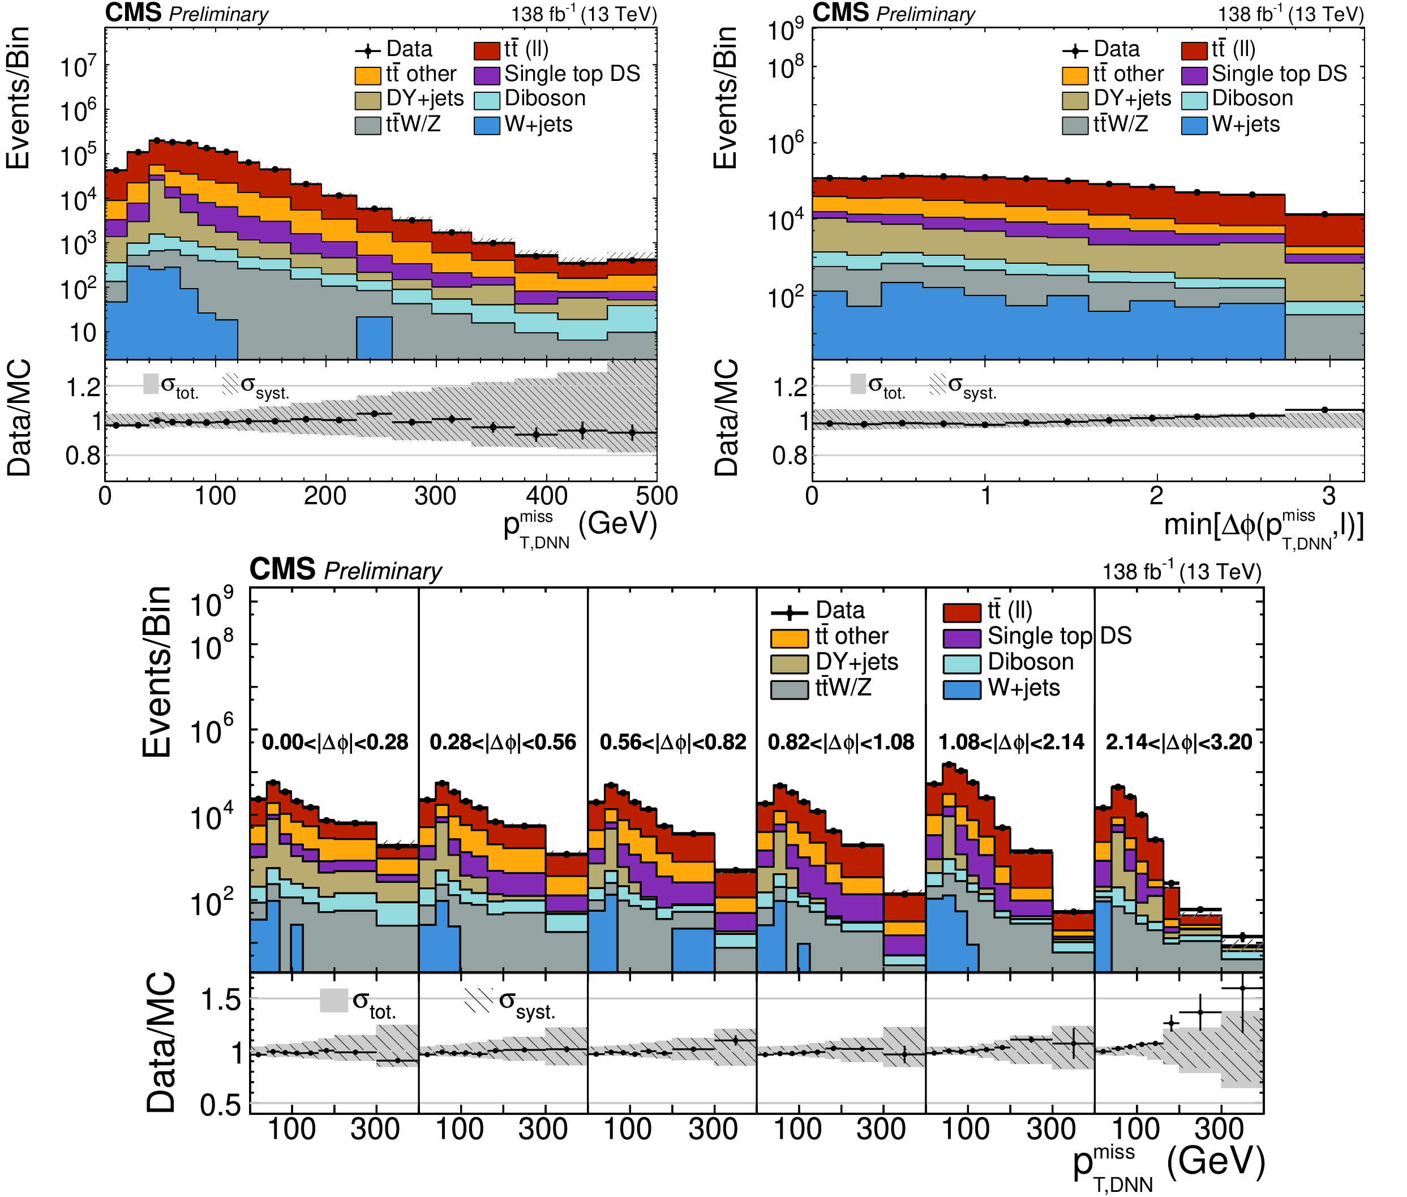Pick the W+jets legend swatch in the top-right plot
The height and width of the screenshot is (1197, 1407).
coord(1194,126)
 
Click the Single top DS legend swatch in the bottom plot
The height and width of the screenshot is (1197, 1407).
coord(961,638)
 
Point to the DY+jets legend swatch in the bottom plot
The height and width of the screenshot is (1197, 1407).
coord(789,663)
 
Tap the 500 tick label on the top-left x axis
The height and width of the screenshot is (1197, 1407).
coord(656,496)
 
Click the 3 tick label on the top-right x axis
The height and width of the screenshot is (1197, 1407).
coord(1329,496)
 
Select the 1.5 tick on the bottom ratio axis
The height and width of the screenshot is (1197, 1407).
coord(221,999)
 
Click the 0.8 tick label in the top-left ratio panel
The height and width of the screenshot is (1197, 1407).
coord(83,456)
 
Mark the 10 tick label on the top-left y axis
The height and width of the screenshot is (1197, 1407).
coord(83,333)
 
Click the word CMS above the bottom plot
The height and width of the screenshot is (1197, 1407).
coord(282,569)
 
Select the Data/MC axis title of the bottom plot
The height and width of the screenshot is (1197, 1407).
coord(161,1042)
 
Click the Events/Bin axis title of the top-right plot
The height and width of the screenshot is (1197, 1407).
coord(724,97)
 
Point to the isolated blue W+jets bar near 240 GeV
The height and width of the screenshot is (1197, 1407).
coord(374,337)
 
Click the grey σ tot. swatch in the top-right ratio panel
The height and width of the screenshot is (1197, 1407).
coord(858,384)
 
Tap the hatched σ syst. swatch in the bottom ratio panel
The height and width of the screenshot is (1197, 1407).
coord(479,999)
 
